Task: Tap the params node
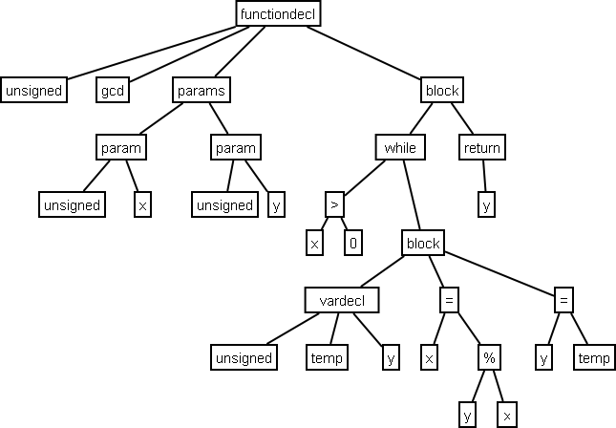(x=202, y=91)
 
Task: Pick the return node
(x=481, y=148)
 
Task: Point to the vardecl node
(x=342, y=300)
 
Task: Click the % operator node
(x=488, y=357)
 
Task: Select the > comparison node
(x=333, y=204)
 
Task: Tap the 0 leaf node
(x=352, y=244)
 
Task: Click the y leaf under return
(x=486, y=204)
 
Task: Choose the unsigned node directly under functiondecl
(x=33, y=91)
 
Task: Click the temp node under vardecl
(x=327, y=357)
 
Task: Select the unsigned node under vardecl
(x=244, y=357)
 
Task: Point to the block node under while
(x=423, y=243)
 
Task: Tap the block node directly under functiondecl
(x=441, y=91)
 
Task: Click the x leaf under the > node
(x=314, y=244)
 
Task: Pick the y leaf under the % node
(x=468, y=415)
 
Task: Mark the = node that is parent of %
(x=448, y=300)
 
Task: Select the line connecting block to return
(x=461, y=119)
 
